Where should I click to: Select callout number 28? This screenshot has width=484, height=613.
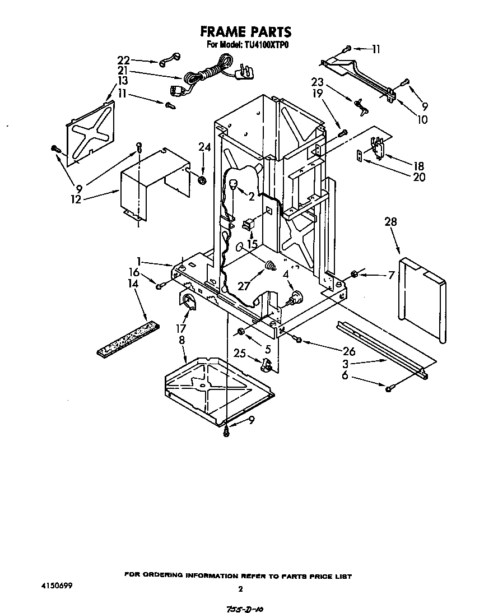click(390, 222)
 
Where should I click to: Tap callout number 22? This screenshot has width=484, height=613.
click(123, 59)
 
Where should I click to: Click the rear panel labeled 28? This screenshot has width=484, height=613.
click(421, 297)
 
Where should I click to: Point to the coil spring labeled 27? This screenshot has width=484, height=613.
click(271, 265)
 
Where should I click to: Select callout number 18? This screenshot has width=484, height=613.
click(418, 166)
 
